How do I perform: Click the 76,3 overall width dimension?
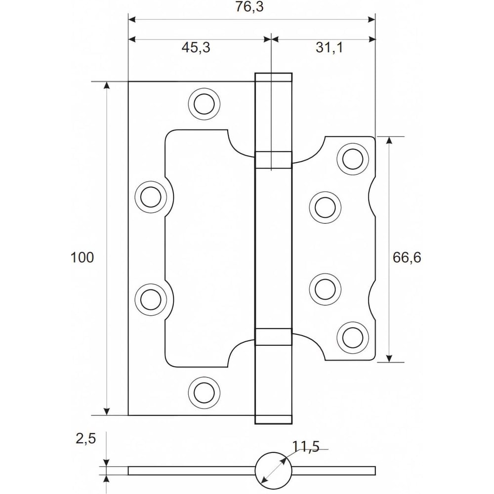pyautogui.click(x=249, y=6)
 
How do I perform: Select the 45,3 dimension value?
pyautogui.click(x=196, y=47)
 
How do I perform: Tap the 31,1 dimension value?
pyautogui.click(x=329, y=47)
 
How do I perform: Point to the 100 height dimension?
pyautogui.click(x=82, y=257)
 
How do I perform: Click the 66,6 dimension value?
pyautogui.click(x=407, y=257)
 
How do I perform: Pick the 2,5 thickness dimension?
pyautogui.click(x=85, y=439)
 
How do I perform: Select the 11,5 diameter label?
pyautogui.click(x=306, y=446)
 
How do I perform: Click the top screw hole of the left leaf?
pyautogui.click(x=204, y=104)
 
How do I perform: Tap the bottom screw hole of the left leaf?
pyautogui.click(x=204, y=393)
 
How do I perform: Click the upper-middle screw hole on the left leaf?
pyautogui.click(x=151, y=197)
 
